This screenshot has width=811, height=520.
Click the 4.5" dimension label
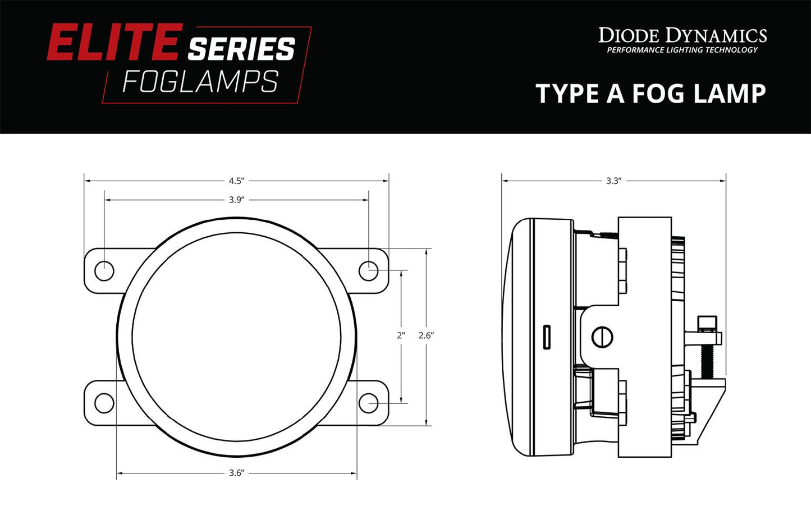click(x=236, y=181)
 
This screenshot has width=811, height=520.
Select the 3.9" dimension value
click(x=236, y=200)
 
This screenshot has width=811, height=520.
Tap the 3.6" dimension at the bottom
click(x=236, y=473)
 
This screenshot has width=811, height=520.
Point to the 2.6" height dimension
click(x=427, y=335)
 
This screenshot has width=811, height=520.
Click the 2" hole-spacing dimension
click(x=401, y=335)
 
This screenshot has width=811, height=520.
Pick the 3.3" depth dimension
click(x=613, y=181)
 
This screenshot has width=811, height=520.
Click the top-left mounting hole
click(x=104, y=271)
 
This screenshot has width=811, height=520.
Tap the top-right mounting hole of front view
click(x=368, y=271)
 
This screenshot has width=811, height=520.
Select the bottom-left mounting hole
click(x=104, y=403)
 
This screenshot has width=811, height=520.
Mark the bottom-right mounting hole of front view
click(x=368, y=403)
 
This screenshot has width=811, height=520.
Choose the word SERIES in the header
click(x=241, y=49)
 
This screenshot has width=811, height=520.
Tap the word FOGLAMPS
click(x=200, y=82)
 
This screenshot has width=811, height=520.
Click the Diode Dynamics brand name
click(x=682, y=35)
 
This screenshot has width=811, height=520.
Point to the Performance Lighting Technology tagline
click(x=682, y=50)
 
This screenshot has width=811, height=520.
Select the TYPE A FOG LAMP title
click(x=650, y=93)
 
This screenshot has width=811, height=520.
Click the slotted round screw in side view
click(x=602, y=337)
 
